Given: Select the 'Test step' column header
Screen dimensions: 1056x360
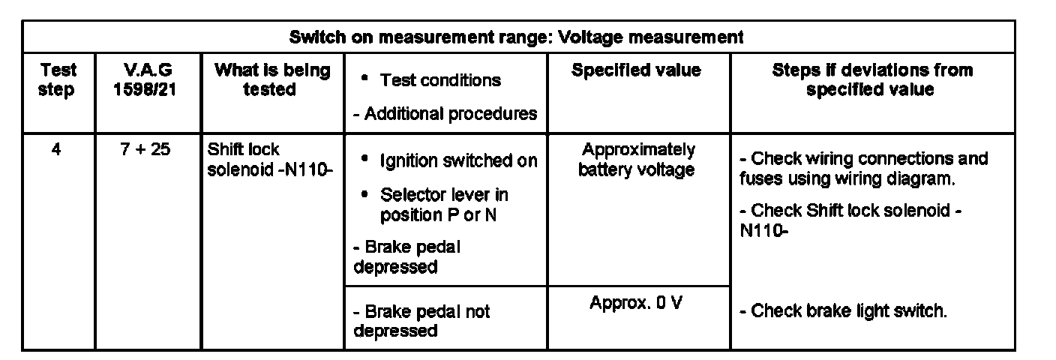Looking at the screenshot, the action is [58, 80].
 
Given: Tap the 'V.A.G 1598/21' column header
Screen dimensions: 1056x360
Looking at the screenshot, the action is [147, 80].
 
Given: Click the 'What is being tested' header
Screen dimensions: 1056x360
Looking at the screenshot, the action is [272, 80].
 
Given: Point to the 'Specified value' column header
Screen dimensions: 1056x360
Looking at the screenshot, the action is [636, 71].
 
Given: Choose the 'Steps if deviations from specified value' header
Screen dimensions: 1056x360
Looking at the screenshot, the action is [871, 80].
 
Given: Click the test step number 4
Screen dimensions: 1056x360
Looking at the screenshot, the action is [57, 150].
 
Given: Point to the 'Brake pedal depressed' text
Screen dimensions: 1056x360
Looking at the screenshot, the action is [406, 257].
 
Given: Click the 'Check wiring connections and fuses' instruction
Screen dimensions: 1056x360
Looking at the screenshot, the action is [862, 169].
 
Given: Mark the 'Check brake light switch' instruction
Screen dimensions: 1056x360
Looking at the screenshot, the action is [843, 311].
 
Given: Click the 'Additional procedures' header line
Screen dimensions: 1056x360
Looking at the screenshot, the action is [445, 114].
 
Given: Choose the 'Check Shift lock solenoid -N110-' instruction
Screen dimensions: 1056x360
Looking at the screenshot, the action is [850, 221].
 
